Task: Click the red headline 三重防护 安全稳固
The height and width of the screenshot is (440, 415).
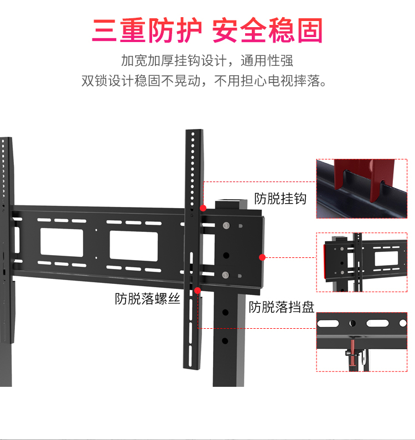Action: (x=207, y=30)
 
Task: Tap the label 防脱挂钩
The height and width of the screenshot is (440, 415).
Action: (x=280, y=199)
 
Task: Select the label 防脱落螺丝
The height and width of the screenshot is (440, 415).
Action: (x=147, y=298)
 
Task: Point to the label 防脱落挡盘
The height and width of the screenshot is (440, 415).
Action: (x=282, y=307)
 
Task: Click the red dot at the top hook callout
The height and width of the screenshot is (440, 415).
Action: (x=203, y=208)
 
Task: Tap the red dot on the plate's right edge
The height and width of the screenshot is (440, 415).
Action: (x=262, y=257)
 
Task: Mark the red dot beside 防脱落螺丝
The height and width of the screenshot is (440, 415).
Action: (x=198, y=291)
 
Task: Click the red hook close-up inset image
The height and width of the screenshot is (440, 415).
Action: (x=362, y=189)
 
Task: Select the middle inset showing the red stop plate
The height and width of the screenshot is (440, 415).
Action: (x=362, y=262)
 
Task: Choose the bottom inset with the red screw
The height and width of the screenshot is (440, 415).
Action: (x=362, y=342)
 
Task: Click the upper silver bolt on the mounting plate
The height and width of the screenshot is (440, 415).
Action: (x=226, y=225)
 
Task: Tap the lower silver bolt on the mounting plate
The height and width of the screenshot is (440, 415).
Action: (x=226, y=275)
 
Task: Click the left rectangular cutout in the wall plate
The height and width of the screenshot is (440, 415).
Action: (x=62, y=242)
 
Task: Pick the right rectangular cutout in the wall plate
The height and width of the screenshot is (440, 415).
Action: (x=133, y=246)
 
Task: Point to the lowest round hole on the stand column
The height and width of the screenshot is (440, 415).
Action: (x=225, y=341)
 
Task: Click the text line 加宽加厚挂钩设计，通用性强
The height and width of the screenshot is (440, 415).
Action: (x=207, y=61)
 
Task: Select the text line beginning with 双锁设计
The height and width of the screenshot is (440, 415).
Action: (x=204, y=81)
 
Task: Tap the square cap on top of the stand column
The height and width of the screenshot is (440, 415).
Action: (x=231, y=204)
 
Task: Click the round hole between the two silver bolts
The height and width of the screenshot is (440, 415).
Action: (x=226, y=255)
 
